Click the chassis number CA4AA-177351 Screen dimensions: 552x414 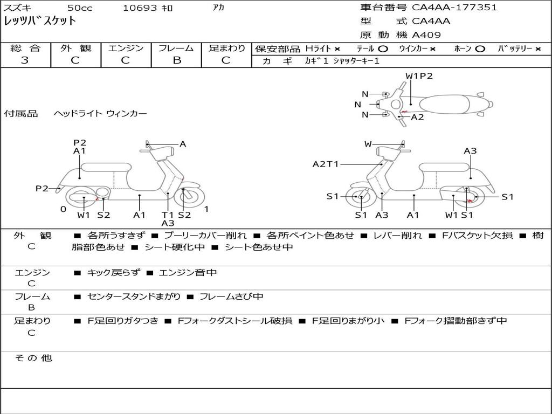pos(454,8)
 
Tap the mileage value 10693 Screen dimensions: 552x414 pos(140,8)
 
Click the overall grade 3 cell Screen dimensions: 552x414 pos(25,60)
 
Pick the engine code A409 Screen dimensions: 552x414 pos(426,35)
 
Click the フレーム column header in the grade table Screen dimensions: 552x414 pos(176,49)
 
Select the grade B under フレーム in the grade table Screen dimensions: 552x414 pos(176,60)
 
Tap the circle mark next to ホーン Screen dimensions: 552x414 pos(480,49)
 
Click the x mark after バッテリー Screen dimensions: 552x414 pos(538,49)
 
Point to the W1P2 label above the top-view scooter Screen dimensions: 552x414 pos(419,76)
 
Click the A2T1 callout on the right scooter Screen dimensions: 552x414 pos(326,164)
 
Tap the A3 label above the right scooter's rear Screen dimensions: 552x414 pos(470,151)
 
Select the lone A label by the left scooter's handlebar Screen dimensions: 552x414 pos(183,144)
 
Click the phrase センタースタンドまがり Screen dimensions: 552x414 pos(134,296)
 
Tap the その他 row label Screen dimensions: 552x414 pos(33,358)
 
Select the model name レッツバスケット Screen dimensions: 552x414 pos(40,22)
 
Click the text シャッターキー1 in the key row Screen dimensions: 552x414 pos(356,61)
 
